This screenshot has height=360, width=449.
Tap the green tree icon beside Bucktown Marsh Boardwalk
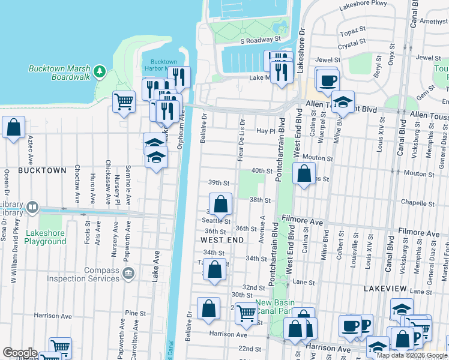click(100, 73)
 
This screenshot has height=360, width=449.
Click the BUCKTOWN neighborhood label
click(42, 170)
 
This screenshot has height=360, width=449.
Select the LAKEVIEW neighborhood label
click(385, 289)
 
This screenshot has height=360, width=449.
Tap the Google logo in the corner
click(19, 353)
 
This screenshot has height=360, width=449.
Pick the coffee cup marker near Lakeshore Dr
click(327, 80)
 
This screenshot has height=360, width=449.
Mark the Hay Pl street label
click(265, 131)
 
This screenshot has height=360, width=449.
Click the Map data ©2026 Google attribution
click(412, 355)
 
